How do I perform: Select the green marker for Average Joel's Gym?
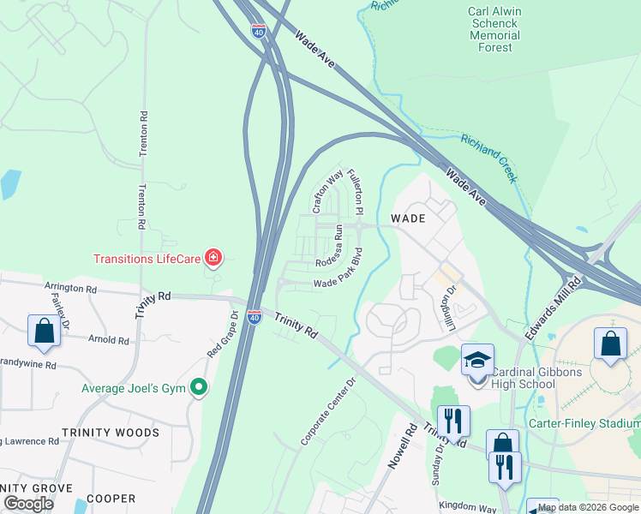click(x=199, y=388)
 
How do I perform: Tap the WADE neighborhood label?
click(x=409, y=218)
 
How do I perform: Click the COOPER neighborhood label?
click(x=111, y=498)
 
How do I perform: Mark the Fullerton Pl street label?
click(x=356, y=191)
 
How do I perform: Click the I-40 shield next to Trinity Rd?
click(x=255, y=317)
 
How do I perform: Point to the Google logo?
click(x=28, y=504)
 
